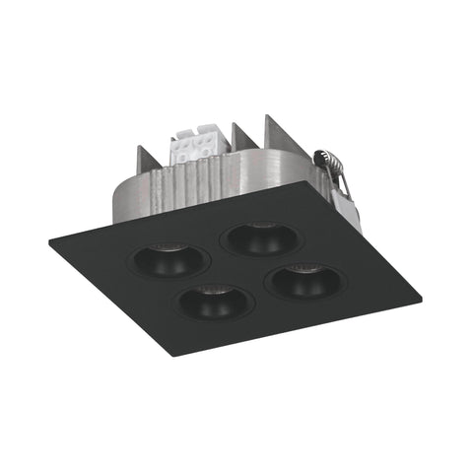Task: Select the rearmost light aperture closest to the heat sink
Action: [258, 238]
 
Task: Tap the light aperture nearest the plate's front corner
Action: [214, 302]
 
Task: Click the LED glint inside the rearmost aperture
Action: [260, 226]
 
